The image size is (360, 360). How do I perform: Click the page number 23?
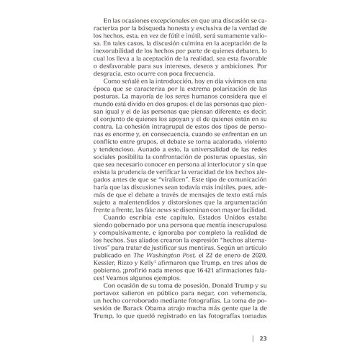(x=264, y=338)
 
